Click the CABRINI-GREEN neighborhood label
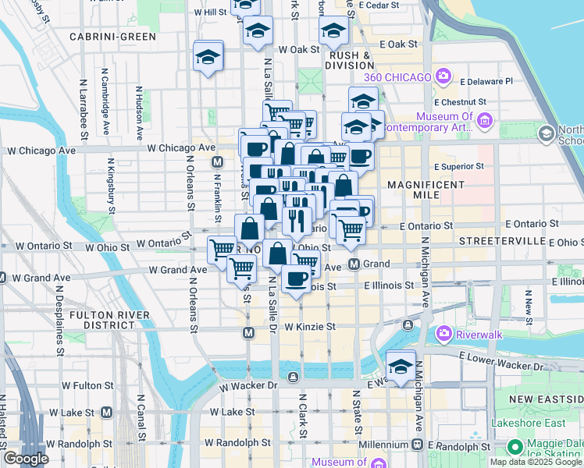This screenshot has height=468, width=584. [x=112, y=36]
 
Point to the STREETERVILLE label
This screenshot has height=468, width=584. [x=500, y=241]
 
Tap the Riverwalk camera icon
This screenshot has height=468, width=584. [x=443, y=333]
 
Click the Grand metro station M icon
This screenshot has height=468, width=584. [x=354, y=264]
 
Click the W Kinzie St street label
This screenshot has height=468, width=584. [x=309, y=327]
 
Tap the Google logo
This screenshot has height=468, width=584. [x=26, y=459]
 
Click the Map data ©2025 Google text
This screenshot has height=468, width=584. [x=536, y=462]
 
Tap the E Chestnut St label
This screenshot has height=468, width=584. [x=461, y=101]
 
